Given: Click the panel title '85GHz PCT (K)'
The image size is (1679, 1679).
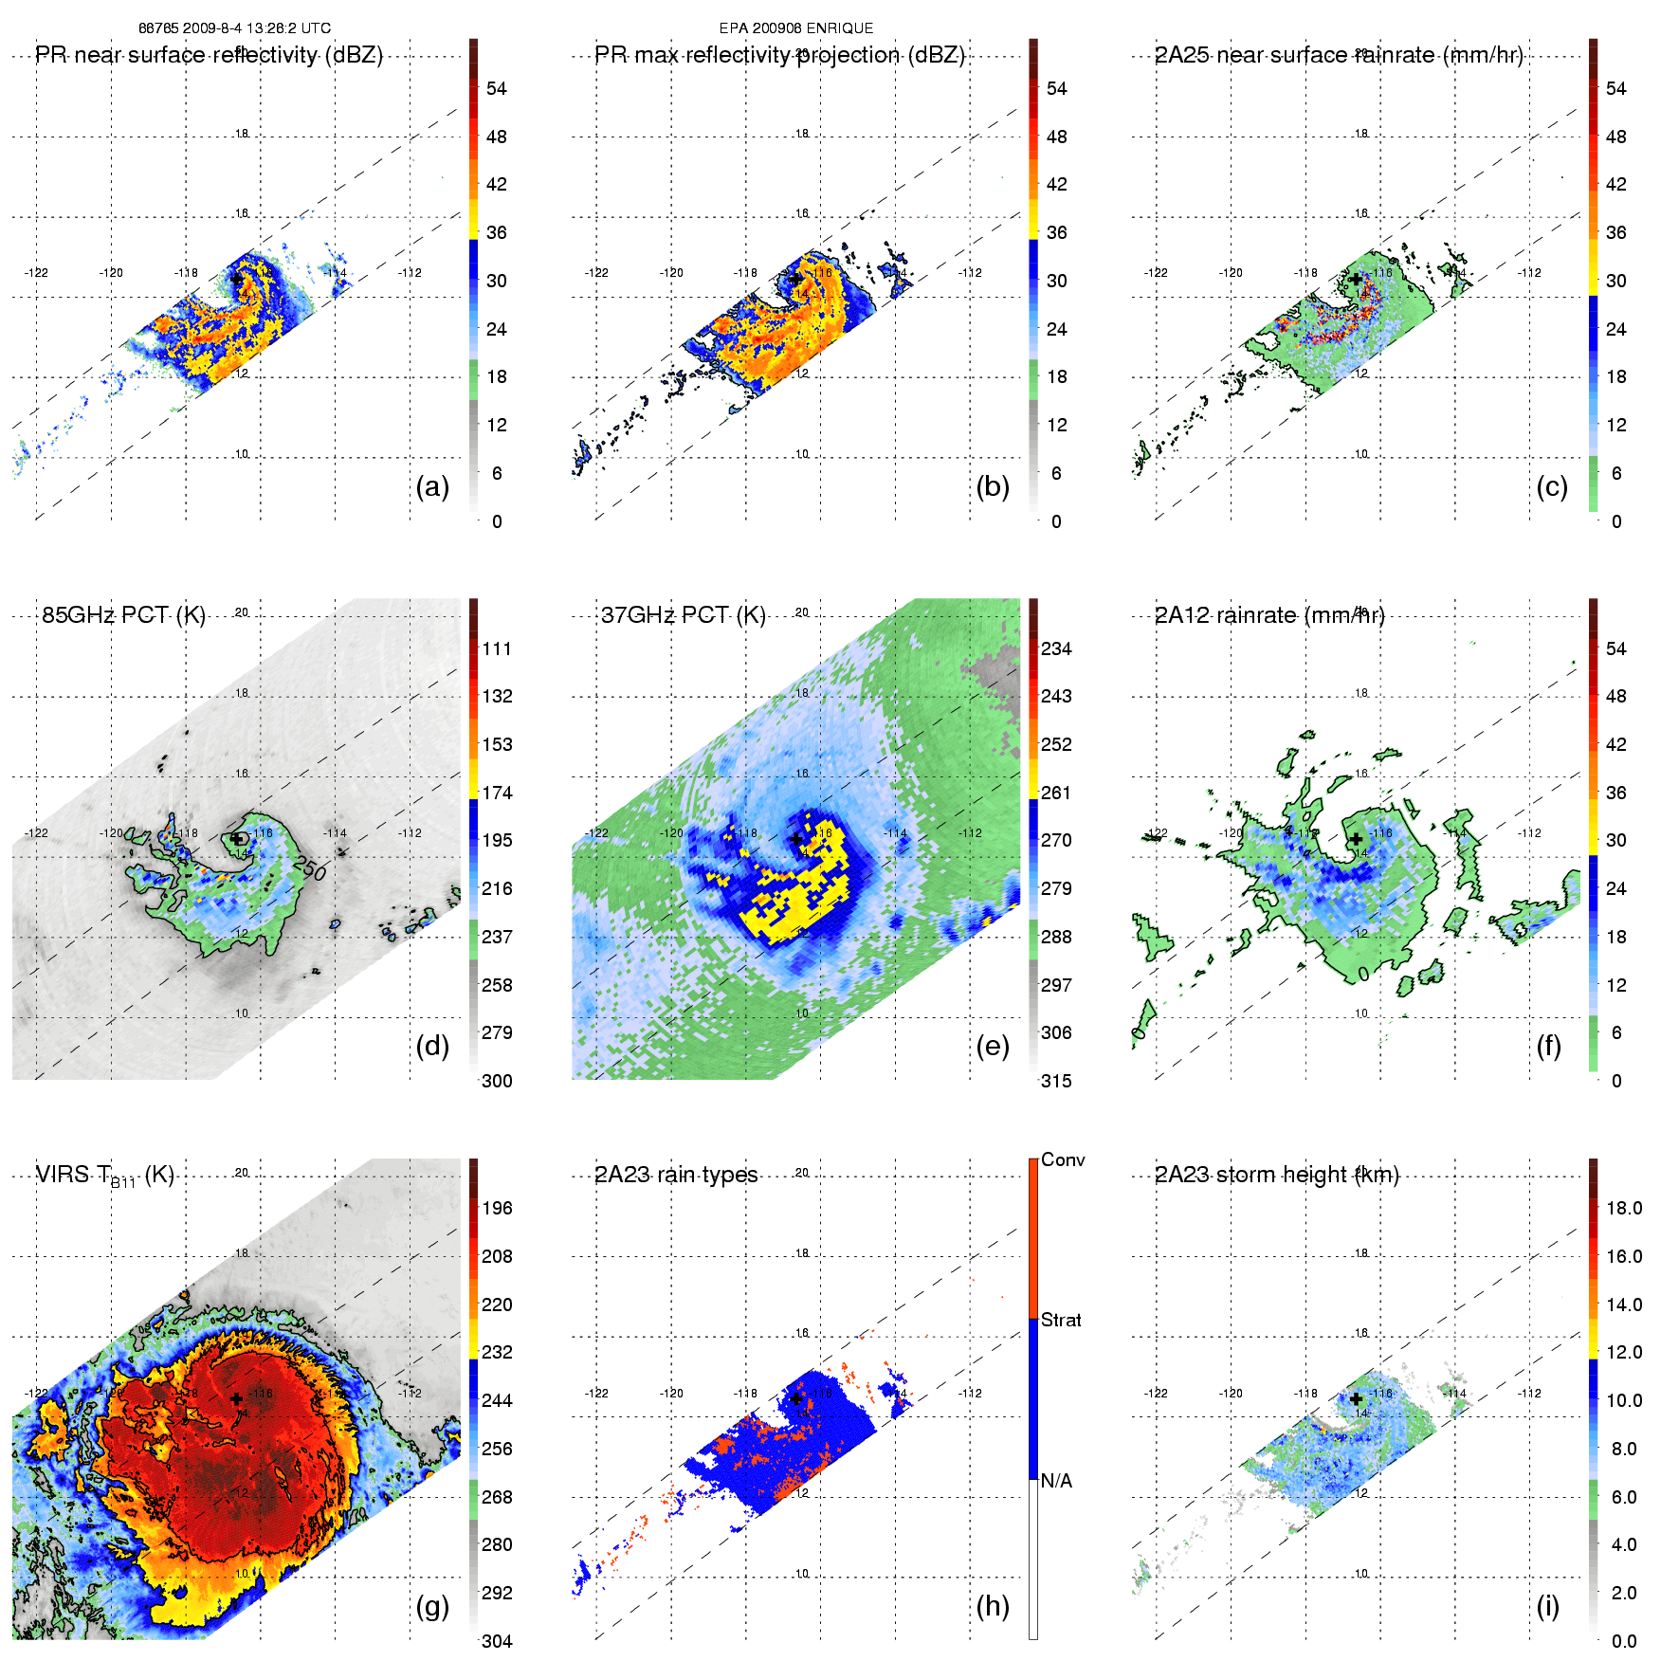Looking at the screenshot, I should tap(123, 615).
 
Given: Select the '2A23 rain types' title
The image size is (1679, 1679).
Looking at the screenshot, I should tap(676, 1175).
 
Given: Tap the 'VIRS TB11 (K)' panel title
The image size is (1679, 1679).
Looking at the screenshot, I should tap(104, 1176).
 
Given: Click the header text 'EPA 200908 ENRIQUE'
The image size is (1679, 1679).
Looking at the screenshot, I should tap(795, 28).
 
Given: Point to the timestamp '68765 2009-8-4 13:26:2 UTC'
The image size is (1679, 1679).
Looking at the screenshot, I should tap(234, 28).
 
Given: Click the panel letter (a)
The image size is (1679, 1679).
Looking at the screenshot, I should tap(432, 486).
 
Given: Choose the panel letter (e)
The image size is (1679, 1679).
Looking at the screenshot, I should tap(993, 1046).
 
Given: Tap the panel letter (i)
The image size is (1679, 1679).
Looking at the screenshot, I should tap(1547, 1606).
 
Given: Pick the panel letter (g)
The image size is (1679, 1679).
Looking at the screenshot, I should tap(432, 1606).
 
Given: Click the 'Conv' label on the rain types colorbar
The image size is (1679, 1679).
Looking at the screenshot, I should tap(1063, 1159).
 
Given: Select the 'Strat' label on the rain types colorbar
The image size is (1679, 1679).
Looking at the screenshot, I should tap(1061, 1320).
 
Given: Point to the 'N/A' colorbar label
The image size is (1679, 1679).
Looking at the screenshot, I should tap(1056, 1481).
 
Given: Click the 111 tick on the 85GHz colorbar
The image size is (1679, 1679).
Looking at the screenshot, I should tap(497, 648).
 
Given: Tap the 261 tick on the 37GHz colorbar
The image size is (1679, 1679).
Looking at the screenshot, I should tap(1056, 793).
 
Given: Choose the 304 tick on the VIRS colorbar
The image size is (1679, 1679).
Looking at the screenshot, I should tap(497, 1641).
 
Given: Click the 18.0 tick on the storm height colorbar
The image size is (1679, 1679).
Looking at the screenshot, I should tap(1624, 1208).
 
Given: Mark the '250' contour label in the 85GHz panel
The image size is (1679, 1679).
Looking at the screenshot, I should tap(310, 867).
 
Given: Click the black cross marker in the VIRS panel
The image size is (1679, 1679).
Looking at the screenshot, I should tap(236, 1398).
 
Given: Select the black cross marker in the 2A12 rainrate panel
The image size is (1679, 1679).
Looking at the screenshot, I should tap(1356, 838).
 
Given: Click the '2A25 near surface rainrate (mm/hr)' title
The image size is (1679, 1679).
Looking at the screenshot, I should tap(1338, 55).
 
